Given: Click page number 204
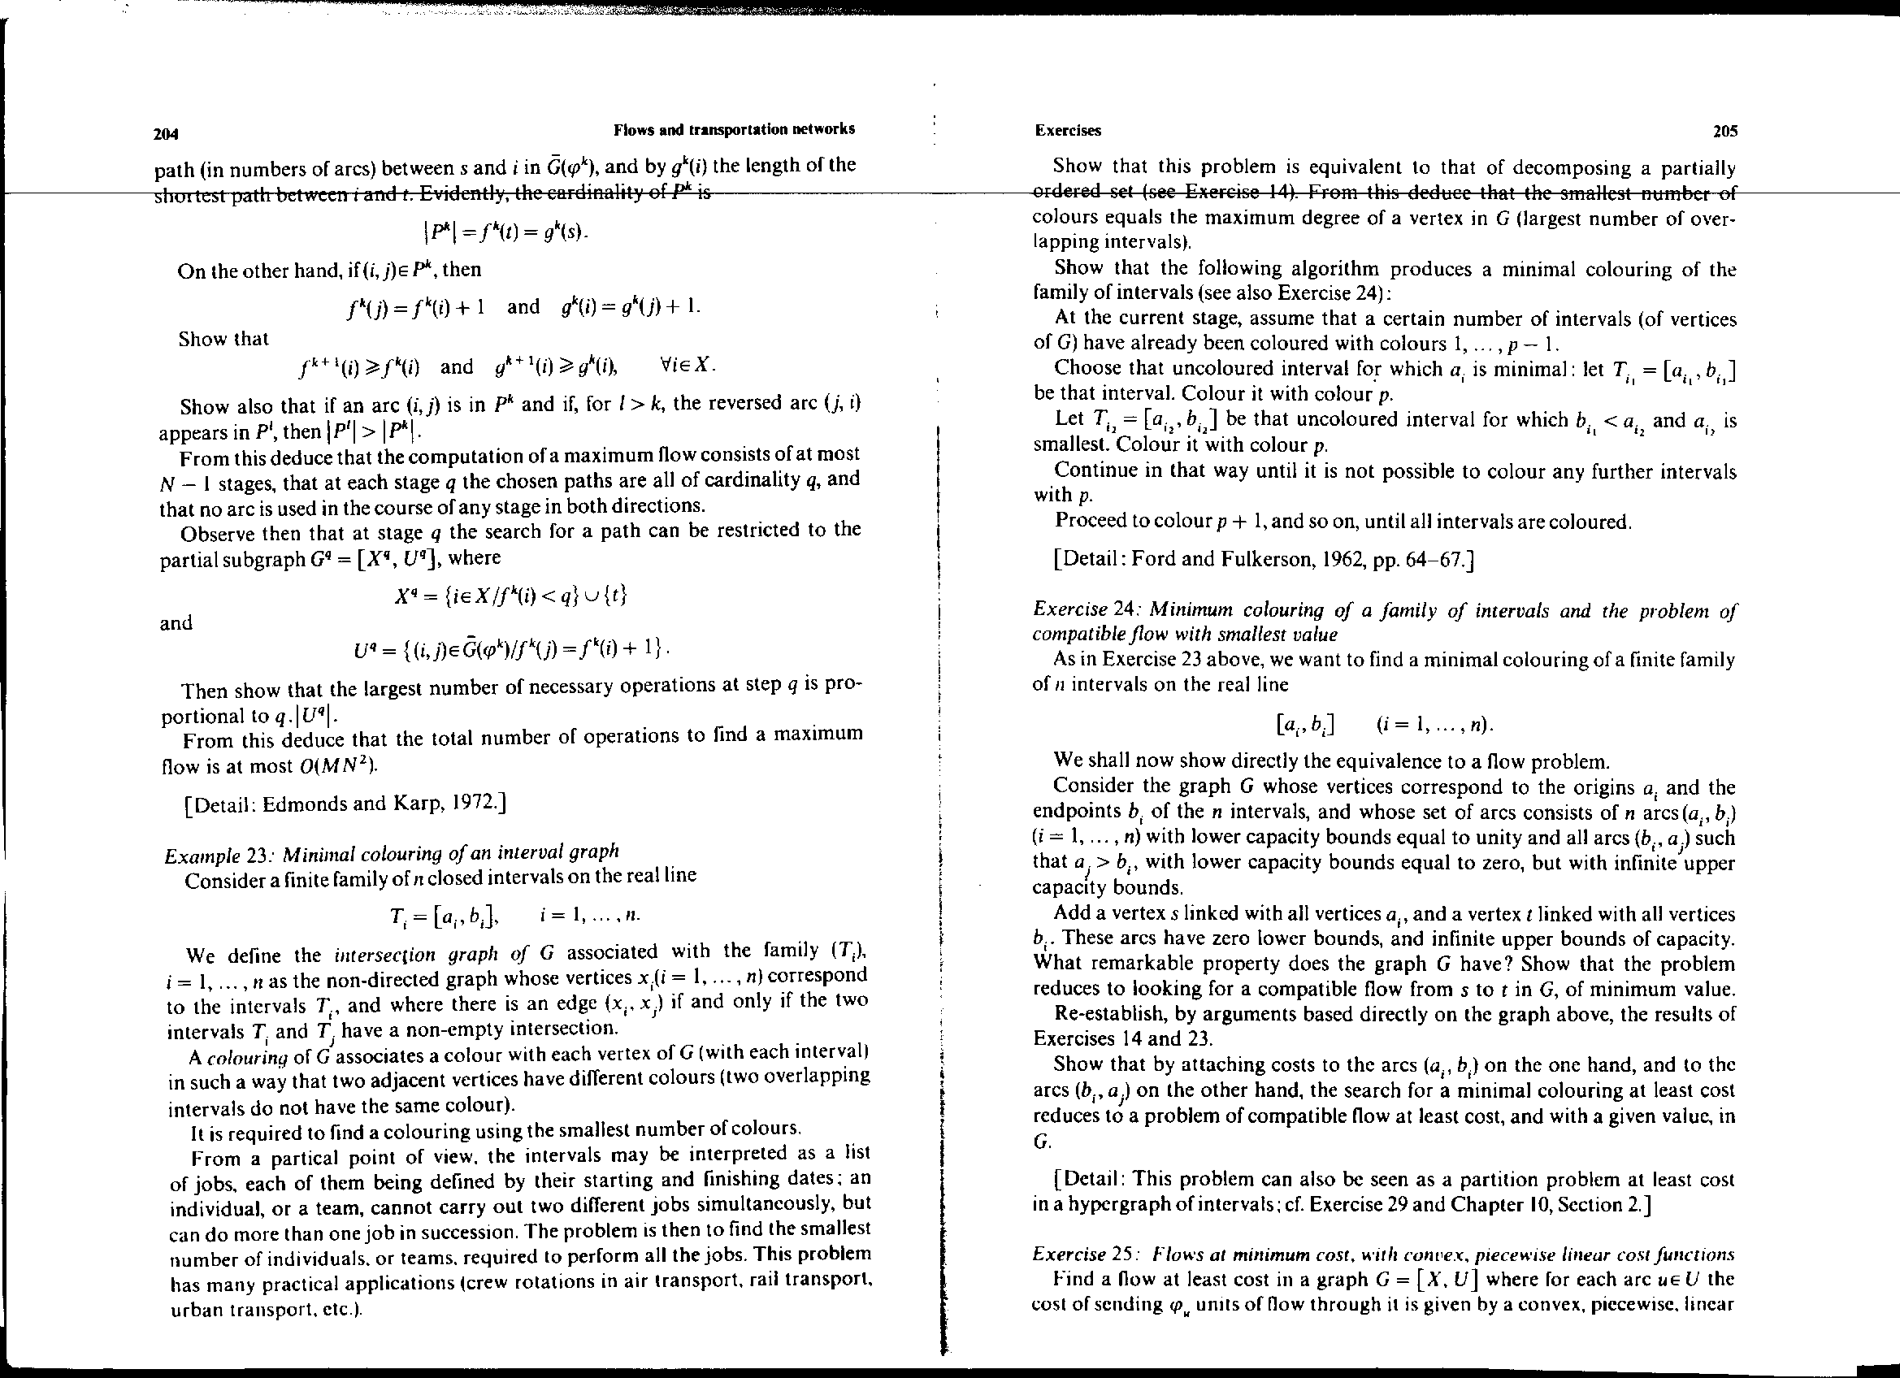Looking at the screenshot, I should tap(167, 133).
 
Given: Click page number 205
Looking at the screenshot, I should tap(1725, 131).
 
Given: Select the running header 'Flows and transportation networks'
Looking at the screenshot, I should tap(734, 129).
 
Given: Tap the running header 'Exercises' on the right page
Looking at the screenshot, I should tap(1068, 131).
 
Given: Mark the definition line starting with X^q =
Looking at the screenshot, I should tap(510, 596).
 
